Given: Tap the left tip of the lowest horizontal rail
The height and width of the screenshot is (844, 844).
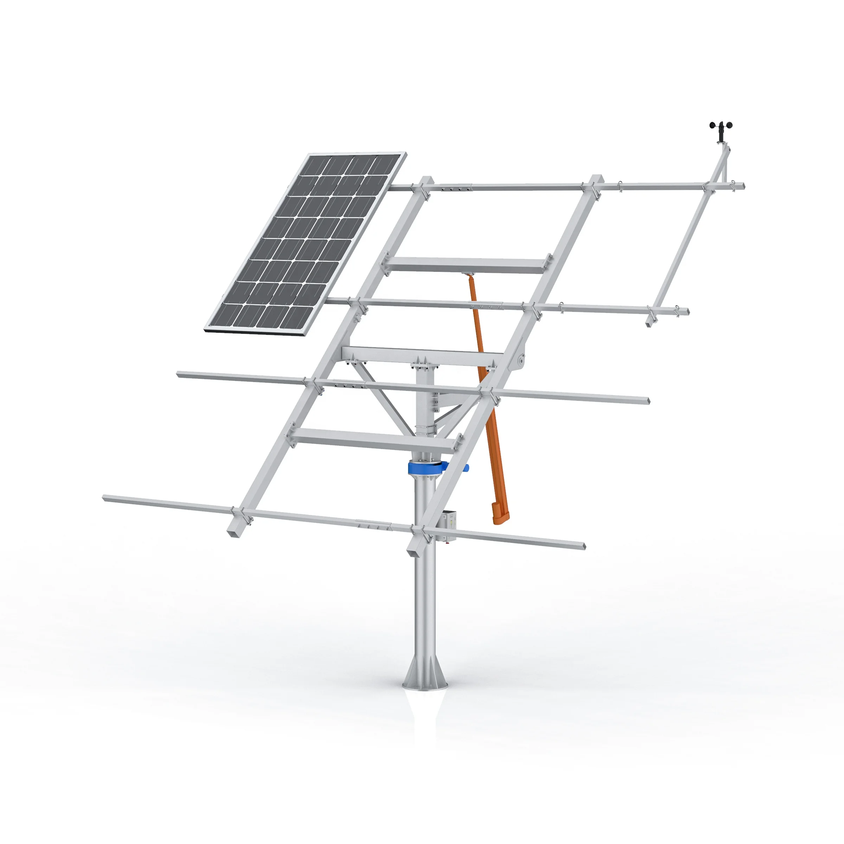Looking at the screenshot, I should click(x=105, y=498).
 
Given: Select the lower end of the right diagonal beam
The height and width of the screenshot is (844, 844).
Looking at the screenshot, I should click(x=413, y=552).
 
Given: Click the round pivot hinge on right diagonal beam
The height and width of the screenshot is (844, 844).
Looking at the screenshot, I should click(x=521, y=360).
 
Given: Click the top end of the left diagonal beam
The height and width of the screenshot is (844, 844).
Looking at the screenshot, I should click(x=426, y=180).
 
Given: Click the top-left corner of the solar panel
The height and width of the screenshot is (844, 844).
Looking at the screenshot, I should click(x=309, y=155).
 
